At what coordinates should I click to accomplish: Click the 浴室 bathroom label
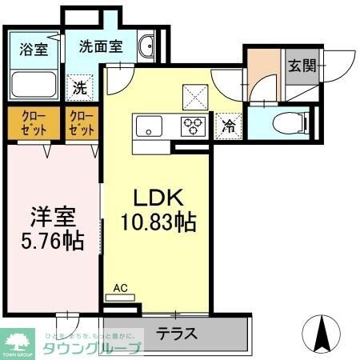34,48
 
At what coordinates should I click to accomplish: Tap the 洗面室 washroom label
100,46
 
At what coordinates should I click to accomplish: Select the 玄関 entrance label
302,65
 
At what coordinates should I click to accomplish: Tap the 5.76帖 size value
53,241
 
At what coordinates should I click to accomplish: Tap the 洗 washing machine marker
81,86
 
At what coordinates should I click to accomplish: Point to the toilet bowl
283,122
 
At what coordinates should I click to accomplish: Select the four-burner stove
194,125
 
